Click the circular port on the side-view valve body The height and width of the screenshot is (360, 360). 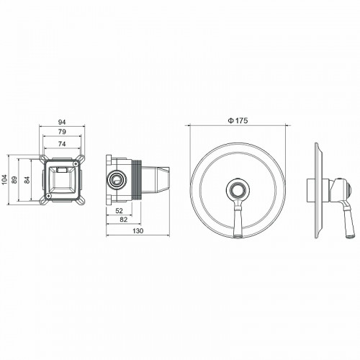(x=115, y=179)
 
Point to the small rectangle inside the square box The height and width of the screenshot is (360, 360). (x=63, y=170)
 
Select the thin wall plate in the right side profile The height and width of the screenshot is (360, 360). (x=317, y=189)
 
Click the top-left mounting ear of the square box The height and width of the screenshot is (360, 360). (x=40, y=158)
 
